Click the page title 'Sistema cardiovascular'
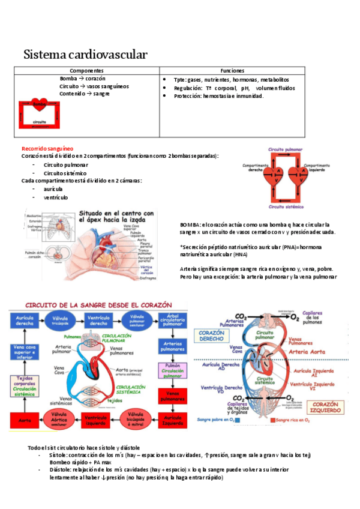(x=85, y=55)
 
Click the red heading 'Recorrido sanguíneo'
(x=47, y=148)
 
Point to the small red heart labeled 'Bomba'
(x=40, y=104)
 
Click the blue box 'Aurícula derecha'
(x=24, y=319)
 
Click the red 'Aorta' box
(x=25, y=420)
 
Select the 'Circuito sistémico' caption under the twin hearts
(x=284, y=206)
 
